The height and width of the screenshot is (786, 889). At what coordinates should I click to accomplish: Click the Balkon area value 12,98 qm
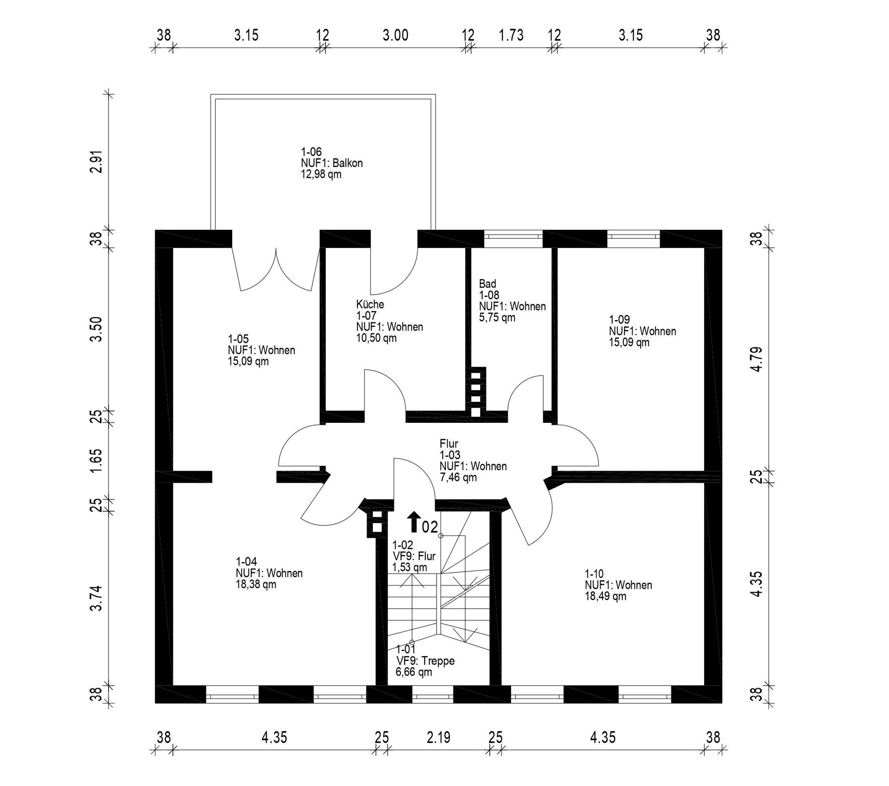tap(321, 174)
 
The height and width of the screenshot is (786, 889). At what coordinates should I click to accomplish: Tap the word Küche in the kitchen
tap(370, 305)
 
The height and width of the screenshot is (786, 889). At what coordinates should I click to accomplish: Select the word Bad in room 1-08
tap(487, 284)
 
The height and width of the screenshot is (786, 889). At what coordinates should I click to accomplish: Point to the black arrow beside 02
tap(414, 522)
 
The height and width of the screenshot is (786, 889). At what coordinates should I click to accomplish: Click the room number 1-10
tap(594, 573)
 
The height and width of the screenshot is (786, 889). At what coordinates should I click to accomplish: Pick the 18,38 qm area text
tap(256, 585)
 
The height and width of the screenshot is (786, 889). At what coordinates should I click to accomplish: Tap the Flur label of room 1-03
tap(449, 444)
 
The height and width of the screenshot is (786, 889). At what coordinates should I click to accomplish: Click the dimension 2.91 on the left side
tap(96, 162)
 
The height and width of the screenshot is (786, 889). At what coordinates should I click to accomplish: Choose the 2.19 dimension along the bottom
tap(438, 738)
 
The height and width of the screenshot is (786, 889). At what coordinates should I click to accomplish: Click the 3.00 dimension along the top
tap(395, 35)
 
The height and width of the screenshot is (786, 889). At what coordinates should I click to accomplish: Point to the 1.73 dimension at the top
tap(511, 35)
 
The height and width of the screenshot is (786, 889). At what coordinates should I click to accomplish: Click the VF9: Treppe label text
tap(425, 661)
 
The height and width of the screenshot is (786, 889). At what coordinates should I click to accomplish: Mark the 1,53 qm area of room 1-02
tap(409, 567)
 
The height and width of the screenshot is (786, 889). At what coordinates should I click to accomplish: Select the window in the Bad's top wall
tap(513, 239)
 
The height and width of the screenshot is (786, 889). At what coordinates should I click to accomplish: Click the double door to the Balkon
tap(276, 267)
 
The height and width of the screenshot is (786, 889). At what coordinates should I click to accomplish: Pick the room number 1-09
tap(619, 320)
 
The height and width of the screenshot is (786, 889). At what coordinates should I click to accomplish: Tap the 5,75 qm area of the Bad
tap(497, 317)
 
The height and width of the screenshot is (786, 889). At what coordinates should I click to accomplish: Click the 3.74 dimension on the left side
tap(96, 598)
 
